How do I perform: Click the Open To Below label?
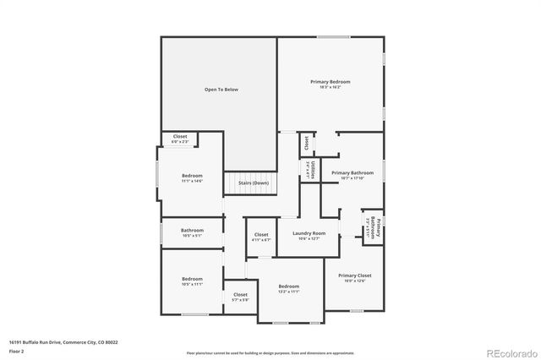pos(221,89)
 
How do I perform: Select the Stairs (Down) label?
pos(254,183)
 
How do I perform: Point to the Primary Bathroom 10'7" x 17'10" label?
pos(352,175)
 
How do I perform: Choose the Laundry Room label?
pos(309,235)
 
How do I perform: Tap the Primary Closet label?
pos(354,278)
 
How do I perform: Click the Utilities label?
pos(310,169)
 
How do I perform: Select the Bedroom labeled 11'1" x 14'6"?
pos(192,177)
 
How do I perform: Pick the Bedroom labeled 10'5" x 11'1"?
pos(192,281)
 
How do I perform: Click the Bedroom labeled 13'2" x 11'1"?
pos(289,288)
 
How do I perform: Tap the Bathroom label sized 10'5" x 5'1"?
pos(192,232)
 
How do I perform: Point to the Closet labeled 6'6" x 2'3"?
pos(180,139)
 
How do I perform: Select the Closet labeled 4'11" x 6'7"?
pos(261,237)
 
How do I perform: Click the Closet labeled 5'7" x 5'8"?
pos(240,297)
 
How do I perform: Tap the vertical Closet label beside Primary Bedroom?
pos(306,143)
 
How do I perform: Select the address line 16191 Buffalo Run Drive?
pos(63,342)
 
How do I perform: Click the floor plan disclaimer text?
pos(270,352)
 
